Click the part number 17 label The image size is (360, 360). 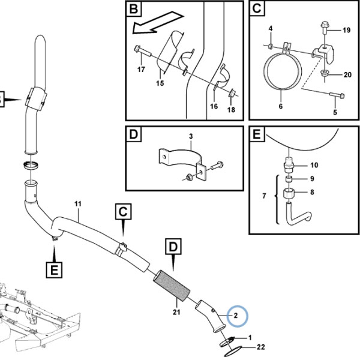pos(141,69)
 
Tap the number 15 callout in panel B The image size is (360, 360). pos(160,83)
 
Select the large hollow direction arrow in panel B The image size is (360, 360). pos(158,23)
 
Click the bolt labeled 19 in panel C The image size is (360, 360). pos(325,28)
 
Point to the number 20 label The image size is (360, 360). pos(347,75)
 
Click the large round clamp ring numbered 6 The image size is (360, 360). pos(283,72)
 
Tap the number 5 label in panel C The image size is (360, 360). pos(335,112)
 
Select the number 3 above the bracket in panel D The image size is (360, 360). pos(191,136)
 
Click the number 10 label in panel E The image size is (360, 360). pos(314,165)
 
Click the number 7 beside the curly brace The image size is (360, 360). pos(264,196)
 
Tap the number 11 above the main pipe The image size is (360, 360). pos(78,204)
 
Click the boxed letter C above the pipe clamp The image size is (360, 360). pos(123,211)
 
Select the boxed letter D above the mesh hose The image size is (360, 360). pos(173,247)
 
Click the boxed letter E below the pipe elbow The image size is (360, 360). pos(54,270)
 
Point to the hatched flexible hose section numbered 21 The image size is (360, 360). pos(172,286)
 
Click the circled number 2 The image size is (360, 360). pos(236,316)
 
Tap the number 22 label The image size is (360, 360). pos(261,347)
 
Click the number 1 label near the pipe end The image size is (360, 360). pos(250,337)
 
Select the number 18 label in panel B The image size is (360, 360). pos(231,110)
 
